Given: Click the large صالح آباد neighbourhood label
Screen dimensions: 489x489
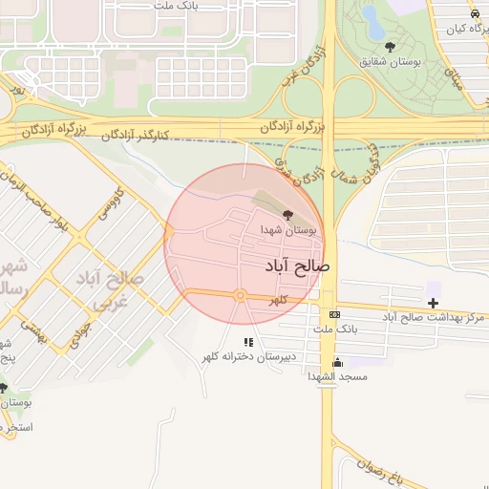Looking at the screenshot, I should [293, 266].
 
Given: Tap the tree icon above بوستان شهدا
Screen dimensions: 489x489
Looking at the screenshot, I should [288, 216].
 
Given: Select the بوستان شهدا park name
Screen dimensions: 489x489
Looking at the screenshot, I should [288, 230].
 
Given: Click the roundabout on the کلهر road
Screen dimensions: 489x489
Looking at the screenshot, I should [241, 296].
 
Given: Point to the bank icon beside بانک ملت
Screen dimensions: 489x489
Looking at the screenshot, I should [334, 314].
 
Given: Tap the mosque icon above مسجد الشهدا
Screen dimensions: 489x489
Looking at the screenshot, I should [337, 363].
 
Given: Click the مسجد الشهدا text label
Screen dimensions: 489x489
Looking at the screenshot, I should [337, 377].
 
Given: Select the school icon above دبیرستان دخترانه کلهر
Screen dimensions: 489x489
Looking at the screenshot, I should [248, 341].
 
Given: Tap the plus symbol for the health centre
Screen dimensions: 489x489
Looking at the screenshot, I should [434, 303].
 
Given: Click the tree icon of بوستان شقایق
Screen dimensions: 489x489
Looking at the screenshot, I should [390, 47].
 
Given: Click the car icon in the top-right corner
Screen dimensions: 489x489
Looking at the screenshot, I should [475, 13].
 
